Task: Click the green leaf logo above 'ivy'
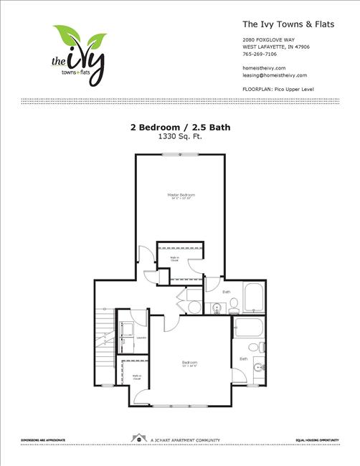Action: (x=80, y=36)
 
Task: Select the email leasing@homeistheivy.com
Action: (x=275, y=75)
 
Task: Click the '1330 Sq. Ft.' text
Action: (x=179, y=136)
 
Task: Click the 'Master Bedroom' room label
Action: (x=181, y=194)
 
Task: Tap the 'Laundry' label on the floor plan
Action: (x=141, y=338)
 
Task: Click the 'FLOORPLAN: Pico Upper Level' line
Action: (x=279, y=89)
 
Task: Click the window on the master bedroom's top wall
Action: (x=180, y=155)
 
